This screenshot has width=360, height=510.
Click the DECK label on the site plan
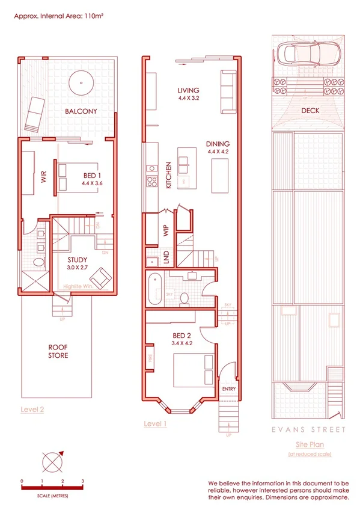(310, 111)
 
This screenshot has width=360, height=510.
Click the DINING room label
(218, 144)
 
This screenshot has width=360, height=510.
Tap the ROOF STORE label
(58, 351)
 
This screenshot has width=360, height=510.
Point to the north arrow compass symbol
(52, 463)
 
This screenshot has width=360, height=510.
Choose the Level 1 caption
(155, 423)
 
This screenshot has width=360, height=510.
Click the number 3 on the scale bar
(82, 481)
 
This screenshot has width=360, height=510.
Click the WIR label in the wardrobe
(44, 179)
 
